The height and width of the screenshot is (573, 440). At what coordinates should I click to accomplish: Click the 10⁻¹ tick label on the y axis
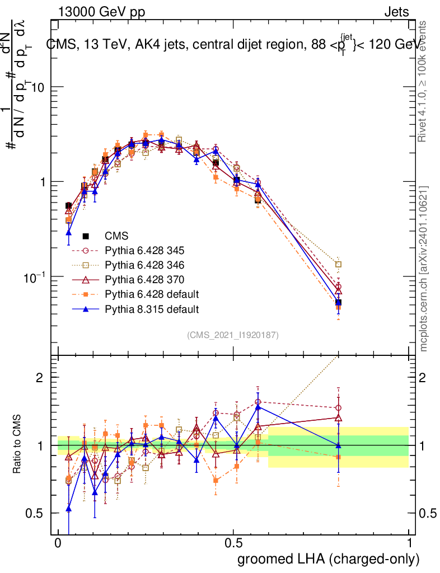(x=36, y=276)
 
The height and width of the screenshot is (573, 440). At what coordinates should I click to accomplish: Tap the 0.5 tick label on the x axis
(x=233, y=543)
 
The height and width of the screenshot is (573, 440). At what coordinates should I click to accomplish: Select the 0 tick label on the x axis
(x=58, y=543)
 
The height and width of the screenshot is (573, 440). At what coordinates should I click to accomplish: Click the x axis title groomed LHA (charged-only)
(x=329, y=559)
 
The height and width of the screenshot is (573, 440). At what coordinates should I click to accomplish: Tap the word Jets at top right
(x=396, y=12)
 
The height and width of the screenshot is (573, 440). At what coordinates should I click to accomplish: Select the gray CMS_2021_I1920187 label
(x=233, y=335)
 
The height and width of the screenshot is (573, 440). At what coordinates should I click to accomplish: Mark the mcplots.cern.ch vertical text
(x=424, y=269)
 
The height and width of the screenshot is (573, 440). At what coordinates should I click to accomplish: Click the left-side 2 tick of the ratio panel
(x=40, y=378)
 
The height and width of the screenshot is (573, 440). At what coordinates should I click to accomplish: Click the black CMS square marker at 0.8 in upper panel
(x=338, y=303)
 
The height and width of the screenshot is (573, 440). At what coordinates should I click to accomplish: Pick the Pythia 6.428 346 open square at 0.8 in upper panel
(x=338, y=264)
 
